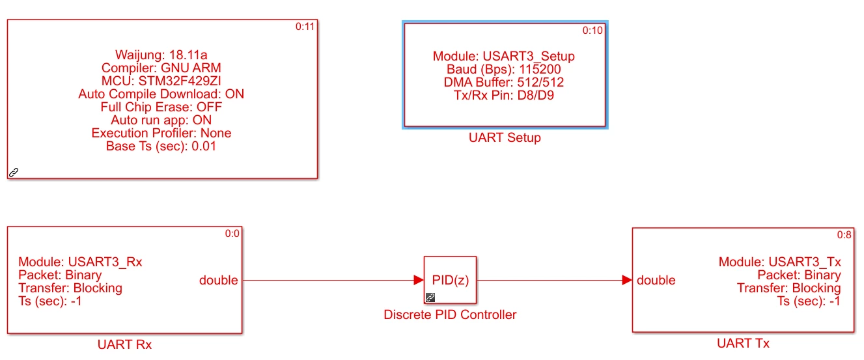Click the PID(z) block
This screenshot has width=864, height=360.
click(x=450, y=280)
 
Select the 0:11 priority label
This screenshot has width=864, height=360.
click(x=305, y=27)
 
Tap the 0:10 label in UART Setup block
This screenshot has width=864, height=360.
click(x=592, y=31)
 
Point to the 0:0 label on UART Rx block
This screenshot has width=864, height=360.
click(x=232, y=234)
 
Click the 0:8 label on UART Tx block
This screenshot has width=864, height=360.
click(x=844, y=235)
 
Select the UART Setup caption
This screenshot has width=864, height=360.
click(x=505, y=138)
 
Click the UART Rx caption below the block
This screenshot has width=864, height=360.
click(x=124, y=344)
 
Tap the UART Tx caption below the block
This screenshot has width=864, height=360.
click(x=743, y=344)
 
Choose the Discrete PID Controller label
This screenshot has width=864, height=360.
click(x=450, y=315)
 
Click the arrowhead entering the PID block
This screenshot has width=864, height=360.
click(x=419, y=280)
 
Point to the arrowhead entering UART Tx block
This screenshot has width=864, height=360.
click(x=627, y=280)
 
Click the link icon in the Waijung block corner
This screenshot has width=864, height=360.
click(x=14, y=172)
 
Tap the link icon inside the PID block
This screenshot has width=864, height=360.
click(x=430, y=298)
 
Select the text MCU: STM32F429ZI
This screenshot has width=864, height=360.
click(x=161, y=81)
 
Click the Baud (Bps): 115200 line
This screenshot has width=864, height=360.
click(x=504, y=70)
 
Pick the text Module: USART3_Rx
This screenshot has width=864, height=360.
click(x=80, y=262)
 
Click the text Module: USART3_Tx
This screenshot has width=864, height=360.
click(x=779, y=262)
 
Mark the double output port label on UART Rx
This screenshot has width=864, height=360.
click(x=218, y=280)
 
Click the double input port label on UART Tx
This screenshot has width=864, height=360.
click(x=656, y=280)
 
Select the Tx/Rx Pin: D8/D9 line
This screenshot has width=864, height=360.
click(x=504, y=95)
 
